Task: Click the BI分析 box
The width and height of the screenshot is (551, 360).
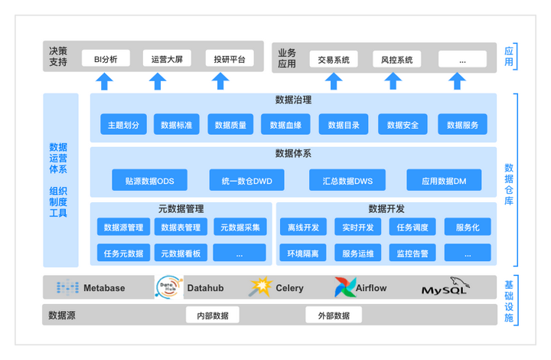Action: (106, 58)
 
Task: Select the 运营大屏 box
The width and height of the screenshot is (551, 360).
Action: (167, 58)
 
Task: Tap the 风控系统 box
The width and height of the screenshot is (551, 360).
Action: (396, 59)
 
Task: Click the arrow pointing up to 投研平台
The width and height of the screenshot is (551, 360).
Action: (220, 81)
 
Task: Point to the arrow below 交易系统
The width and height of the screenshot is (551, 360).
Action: (334, 81)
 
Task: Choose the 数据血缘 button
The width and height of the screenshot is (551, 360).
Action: (285, 124)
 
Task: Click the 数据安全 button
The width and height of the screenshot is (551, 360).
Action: (403, 124)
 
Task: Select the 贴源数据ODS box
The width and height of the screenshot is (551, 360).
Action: (150, 180)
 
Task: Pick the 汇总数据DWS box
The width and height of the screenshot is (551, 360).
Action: (347, 180)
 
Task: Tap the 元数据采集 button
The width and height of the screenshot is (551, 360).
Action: (240, 227)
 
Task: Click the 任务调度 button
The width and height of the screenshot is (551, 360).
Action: (412, 227)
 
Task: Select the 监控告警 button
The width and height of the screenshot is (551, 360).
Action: (412, 253)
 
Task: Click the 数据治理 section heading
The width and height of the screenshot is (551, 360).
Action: (293, 100)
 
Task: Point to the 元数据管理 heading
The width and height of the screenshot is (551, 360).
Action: (181, 209)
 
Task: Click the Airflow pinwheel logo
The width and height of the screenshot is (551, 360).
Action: (344, 287)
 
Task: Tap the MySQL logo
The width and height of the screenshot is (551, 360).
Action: (445, 286)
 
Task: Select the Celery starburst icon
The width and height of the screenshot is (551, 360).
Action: (260, 286)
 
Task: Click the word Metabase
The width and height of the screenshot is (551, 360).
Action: (104, 288)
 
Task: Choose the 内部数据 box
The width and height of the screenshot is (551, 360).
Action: (213, 315)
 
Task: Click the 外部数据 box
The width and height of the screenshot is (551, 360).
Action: (334, 315)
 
